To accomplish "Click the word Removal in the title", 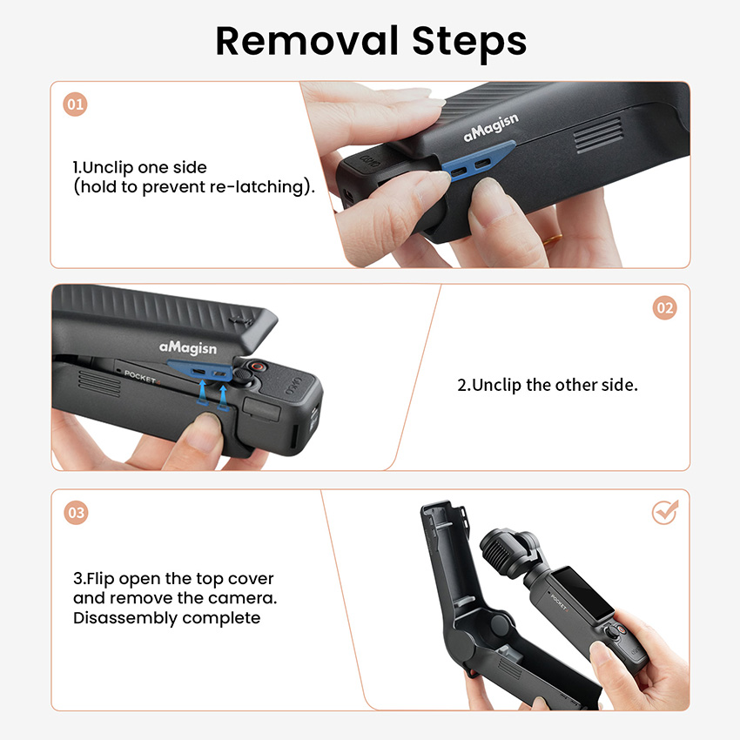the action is pos(306,41).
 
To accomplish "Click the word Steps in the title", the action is pos(469,44).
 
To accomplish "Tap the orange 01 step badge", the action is pos(75,104).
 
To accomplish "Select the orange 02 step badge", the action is pos(664,307).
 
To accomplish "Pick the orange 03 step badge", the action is pos(76,513).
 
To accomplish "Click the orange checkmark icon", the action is pos(665,512).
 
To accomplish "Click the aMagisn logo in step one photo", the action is pos(491,127).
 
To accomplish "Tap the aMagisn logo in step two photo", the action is pos(188,348).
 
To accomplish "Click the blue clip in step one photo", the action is pos(477,160).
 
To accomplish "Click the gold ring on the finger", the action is pos(552,239).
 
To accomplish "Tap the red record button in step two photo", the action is pos(257,367).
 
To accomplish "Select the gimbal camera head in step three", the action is pos(508,551).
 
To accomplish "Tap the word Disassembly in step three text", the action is pos(125,618).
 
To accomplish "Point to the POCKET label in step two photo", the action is pos(141,377).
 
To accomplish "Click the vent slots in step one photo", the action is pos(598,136).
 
